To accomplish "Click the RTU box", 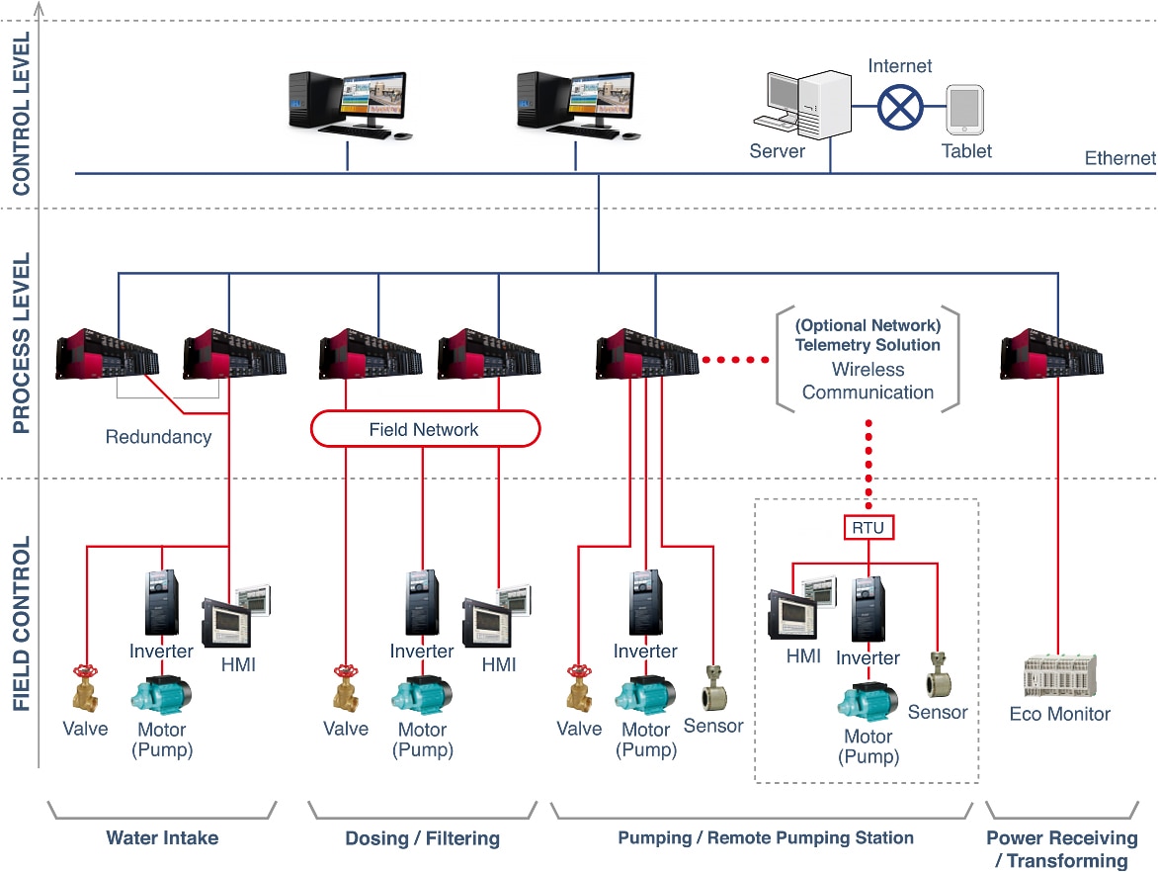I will tap(868, 528).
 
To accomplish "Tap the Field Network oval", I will tap(425, 429).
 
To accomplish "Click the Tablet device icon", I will tap(964, 110).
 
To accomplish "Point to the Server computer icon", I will tap(807, 105).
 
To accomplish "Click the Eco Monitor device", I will tap(1059, 677).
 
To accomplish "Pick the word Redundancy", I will tap(158, 436).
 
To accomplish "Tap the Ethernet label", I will tap(1119, 158).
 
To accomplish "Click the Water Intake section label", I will tap(162, 838).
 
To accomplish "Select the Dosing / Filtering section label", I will tap(422, 839).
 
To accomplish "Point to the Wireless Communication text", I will tap(868, 381).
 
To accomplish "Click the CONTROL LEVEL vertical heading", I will tap(22, 113).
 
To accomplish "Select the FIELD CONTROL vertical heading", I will tap(22, 624).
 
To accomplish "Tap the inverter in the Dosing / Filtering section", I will tap(422, 603).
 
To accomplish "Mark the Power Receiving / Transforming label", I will tap(1061, 849).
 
